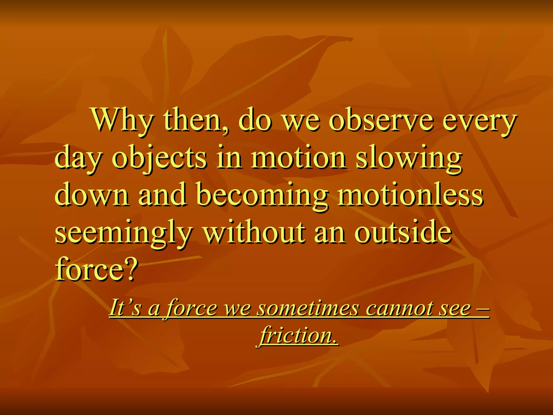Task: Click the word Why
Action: pos(123,121)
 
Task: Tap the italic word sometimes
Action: pos(308,308)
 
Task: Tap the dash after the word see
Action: pos(482,309)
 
